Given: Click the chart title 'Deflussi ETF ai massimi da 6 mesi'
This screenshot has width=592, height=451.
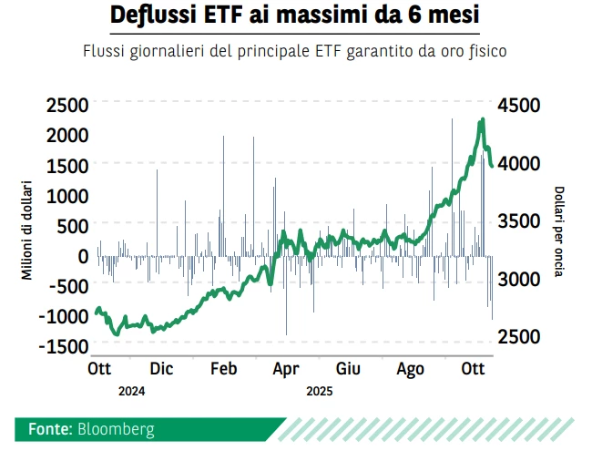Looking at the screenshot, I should [294, 16].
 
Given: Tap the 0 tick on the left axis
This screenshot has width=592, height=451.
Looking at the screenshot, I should [83, 256].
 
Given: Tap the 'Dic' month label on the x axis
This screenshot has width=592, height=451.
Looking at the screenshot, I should [161, 369].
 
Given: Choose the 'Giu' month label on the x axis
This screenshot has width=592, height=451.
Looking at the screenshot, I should [348, 369].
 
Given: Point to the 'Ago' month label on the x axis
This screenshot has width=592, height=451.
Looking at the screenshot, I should [411, 369].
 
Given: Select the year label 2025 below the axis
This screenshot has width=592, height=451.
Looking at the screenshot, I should [319, 391].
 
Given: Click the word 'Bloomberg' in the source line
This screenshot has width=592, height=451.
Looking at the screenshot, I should [116, 428].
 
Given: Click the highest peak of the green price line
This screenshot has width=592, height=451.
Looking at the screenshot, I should [483, 118].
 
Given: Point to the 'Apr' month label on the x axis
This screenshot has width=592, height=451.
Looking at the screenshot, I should [286, 369].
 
